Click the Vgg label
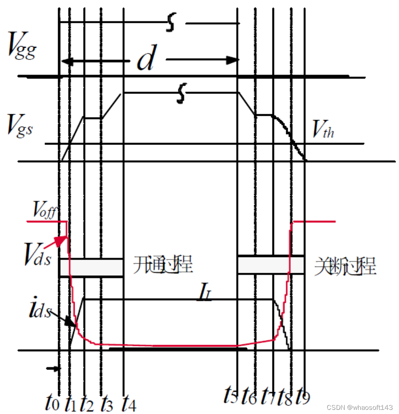[22, 48]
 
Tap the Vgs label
[20, 124]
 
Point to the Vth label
[323, 132]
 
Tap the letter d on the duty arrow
[146, 61]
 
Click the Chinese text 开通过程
[163, 265]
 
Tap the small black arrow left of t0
[52, 368]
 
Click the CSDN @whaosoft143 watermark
[360, 407]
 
